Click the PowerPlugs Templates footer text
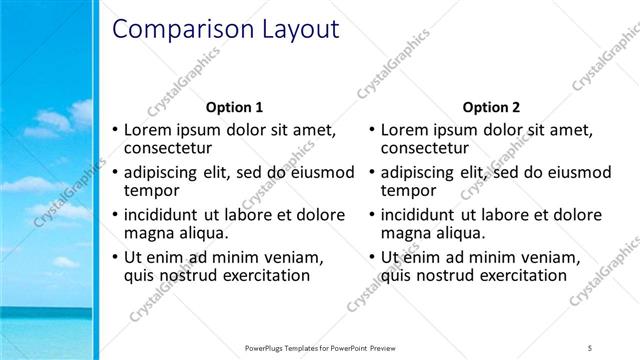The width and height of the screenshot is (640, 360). [319, 346]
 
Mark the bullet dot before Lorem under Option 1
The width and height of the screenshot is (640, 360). [116, 129]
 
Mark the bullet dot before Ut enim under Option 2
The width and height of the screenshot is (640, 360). [372, 257]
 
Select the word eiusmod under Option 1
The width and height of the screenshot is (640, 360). [322, 171]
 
